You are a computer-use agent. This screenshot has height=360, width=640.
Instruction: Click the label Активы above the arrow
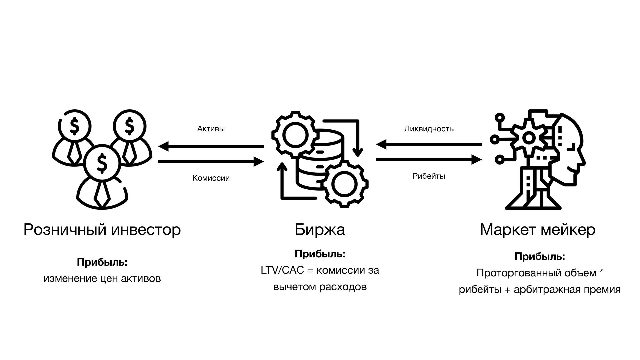click(x=211, y=129)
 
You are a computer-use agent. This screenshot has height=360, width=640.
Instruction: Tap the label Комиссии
click(x=211, y=178)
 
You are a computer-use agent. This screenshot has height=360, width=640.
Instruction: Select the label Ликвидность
click(x=429, y=129)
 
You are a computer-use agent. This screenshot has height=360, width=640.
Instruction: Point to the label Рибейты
click(x=429, y=176)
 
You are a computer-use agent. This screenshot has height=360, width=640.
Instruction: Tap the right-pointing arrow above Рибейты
click(x=429, y=160)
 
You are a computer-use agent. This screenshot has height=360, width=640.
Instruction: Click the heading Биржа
click(x=319, y=230)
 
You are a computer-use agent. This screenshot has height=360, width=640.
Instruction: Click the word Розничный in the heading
click(x=65, y=230)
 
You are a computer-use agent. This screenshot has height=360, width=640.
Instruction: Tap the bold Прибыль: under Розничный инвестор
click(x=102, y=262)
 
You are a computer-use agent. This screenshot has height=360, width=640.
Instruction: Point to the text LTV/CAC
click(x=282, y=270)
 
